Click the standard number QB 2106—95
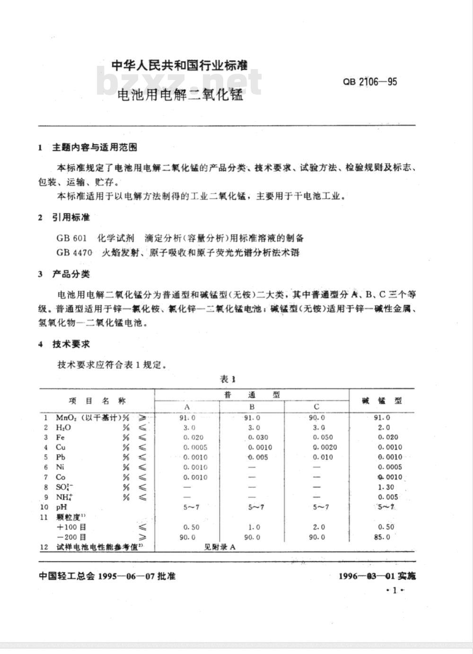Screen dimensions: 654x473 coord(370,82)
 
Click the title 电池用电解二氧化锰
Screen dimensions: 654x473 coord(180,95)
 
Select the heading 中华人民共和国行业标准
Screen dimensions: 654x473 coord(179,65)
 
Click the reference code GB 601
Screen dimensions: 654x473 coord(71,238)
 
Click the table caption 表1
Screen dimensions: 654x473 coord(227,379)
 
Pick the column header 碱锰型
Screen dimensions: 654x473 coord(382,400)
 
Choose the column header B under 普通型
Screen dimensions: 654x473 coord(252,407)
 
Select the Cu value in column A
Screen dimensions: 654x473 coord(195,448)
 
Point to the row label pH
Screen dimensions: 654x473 coord(61,507)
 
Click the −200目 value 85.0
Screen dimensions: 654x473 coord(382,537)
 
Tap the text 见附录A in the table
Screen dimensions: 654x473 coord(219,547)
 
